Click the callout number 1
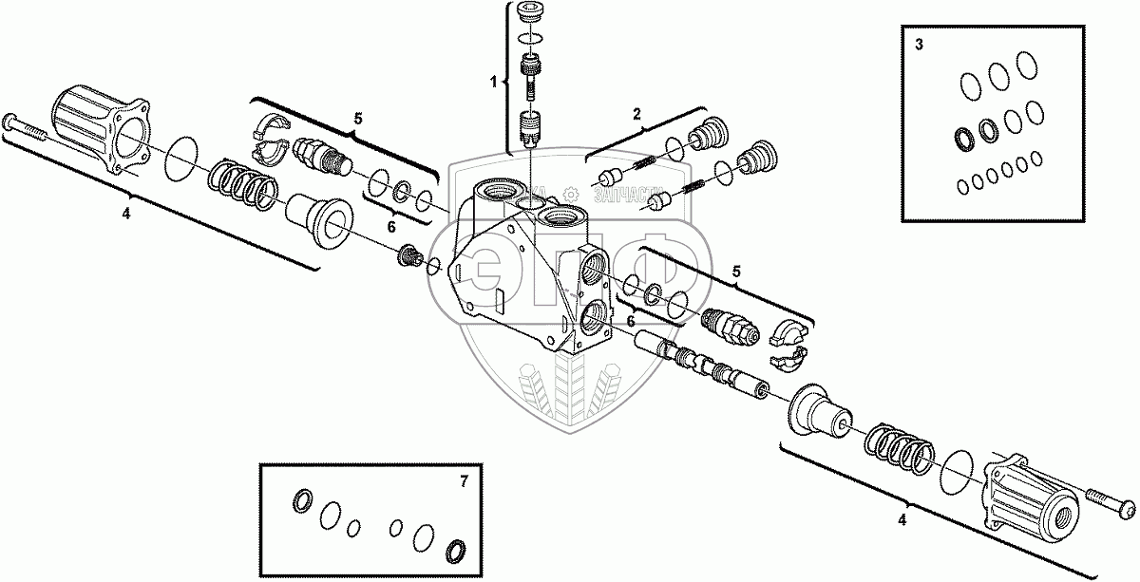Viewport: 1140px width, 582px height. tap(494, 83)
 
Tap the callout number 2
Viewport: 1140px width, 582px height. tap(639, 115)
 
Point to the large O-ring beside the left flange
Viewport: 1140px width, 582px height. tap(182, 157)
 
